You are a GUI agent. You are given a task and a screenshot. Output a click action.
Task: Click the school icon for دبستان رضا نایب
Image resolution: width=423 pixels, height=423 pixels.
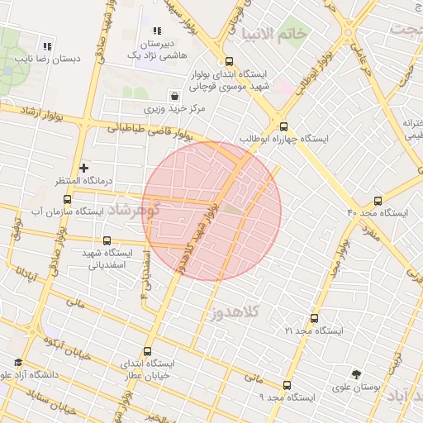47,46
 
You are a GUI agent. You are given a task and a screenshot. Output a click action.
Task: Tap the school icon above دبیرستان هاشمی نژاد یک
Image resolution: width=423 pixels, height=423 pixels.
156,31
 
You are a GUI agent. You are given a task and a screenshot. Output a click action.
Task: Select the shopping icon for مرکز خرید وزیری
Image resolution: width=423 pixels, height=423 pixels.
173,95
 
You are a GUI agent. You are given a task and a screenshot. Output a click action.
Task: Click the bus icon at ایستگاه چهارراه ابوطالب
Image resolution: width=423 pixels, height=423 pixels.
284,126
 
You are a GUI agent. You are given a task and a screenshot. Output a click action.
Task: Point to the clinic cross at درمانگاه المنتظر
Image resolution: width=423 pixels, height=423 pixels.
83,168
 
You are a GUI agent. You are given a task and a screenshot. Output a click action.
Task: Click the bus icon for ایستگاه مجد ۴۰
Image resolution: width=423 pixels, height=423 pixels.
378,200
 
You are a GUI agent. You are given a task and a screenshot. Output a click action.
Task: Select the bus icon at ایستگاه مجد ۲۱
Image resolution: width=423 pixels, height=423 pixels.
313,317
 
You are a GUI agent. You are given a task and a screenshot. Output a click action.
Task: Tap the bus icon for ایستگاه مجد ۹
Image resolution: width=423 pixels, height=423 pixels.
287,385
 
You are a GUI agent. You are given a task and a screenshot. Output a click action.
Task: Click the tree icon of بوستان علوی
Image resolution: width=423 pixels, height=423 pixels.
356,373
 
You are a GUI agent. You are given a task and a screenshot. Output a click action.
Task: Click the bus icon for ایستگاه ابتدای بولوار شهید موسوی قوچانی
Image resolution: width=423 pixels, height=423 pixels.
229,60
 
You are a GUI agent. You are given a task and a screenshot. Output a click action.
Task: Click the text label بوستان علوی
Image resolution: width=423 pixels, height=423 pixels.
355,387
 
